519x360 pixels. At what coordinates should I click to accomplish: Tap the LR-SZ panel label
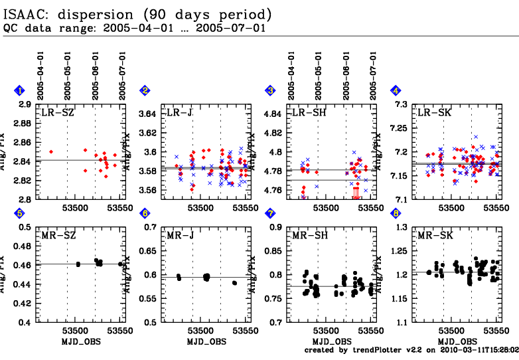pyautogui.click(x=58, y=113)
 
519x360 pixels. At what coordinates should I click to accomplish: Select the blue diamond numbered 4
pyautogui.click(x=396, y=91)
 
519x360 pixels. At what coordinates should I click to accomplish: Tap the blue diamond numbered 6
pyautogui.click(x=145, y=213)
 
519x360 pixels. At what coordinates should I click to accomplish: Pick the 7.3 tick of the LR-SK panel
pyautogui.click(x=400, y=105)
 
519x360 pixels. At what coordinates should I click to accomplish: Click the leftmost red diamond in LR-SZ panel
pyautogui.click(x=51, y=152)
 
